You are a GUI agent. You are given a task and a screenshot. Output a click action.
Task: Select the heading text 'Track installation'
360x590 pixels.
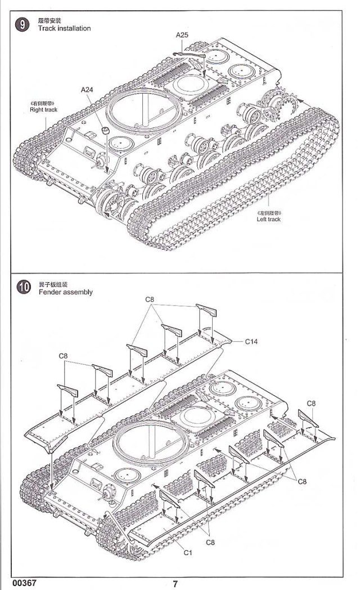[x=64, y=28]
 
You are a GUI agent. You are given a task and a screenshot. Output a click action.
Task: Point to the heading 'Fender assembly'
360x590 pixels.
[x=65, y=292]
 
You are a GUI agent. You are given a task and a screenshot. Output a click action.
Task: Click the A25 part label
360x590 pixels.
[x=182, y=35]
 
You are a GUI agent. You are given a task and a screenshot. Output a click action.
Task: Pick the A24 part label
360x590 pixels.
[x=87, y=90]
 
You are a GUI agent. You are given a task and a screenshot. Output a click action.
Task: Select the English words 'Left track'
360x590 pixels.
[x=268, y=219]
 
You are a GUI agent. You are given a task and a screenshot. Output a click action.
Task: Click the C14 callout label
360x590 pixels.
[x=251, y=341]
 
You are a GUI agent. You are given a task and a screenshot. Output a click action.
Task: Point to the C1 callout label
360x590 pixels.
[x=188, y=552]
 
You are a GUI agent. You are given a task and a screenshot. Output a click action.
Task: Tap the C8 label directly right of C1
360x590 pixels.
[x=211, y=542]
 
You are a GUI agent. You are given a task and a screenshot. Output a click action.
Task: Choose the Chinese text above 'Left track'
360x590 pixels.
[x=268, y=212]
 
